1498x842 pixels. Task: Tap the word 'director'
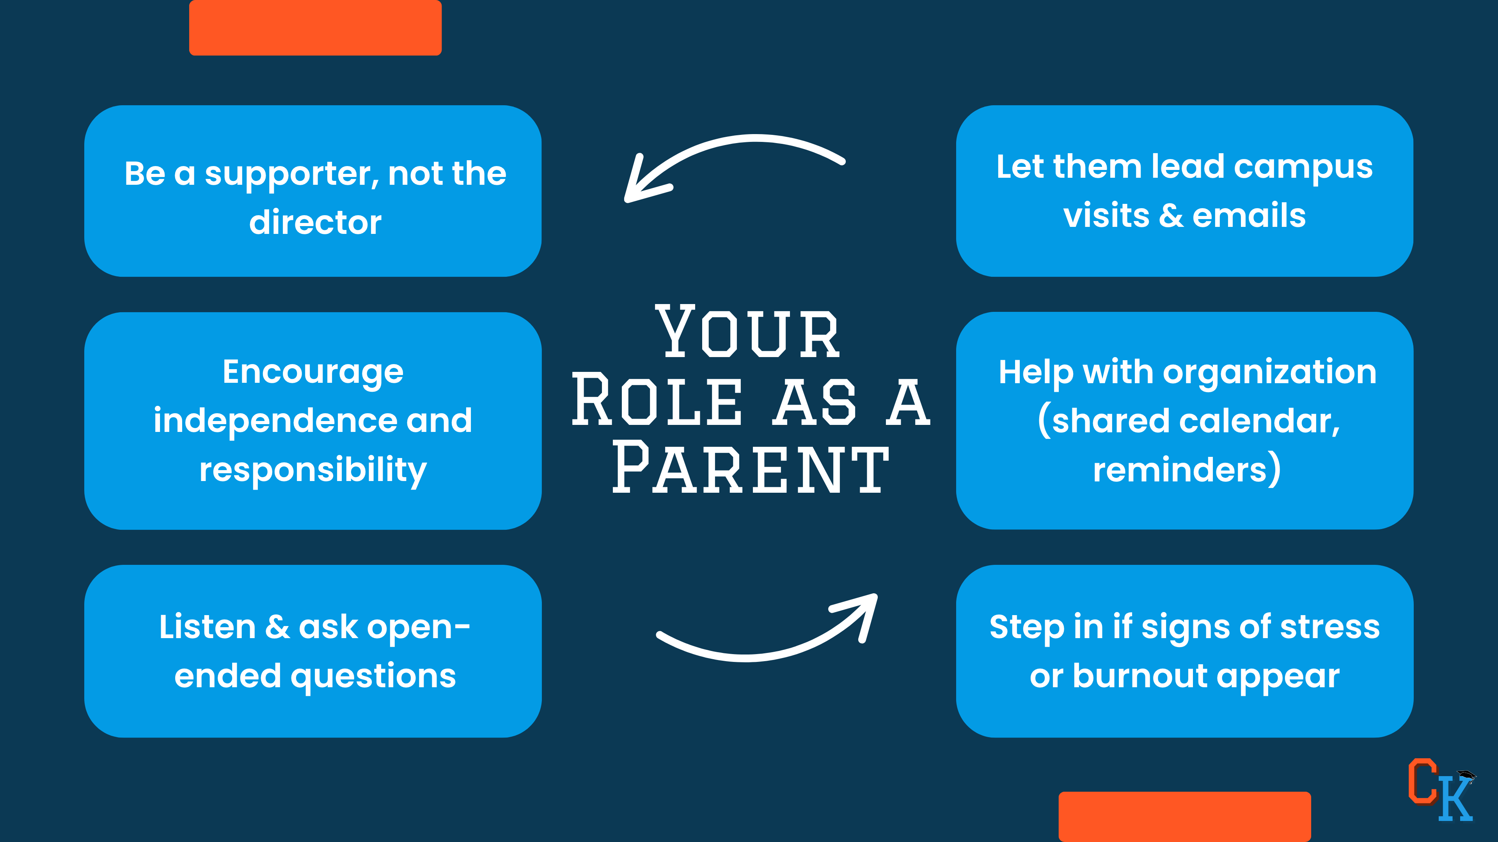point(315,223)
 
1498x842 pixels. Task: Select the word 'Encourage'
point(313,372)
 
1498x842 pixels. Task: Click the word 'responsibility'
point(313,469)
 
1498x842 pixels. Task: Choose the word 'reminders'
point(1179,469)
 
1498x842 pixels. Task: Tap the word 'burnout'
point(1140,676)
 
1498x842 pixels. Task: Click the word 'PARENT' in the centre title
point(750,468)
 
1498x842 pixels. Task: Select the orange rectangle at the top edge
point(315,27)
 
